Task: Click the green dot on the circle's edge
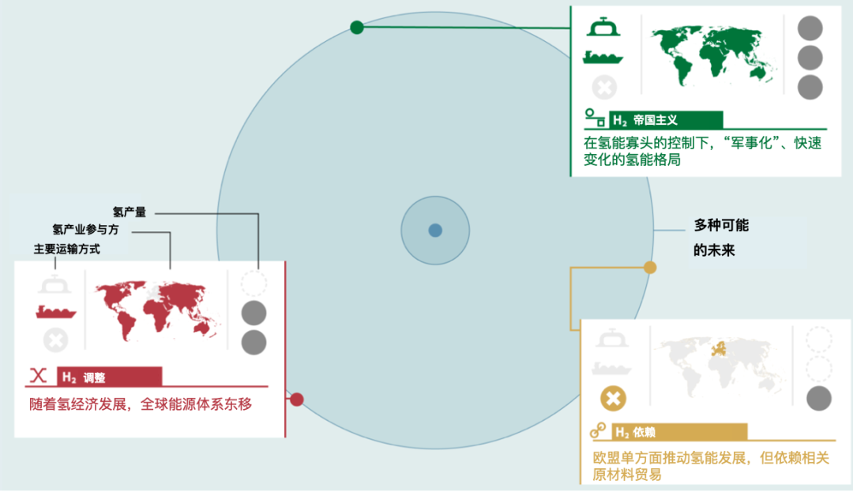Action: (357, 28)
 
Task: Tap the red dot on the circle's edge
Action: (297, 400)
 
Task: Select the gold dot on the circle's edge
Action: (650, 268)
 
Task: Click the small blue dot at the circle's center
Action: (435, 231)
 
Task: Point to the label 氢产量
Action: (129, 212)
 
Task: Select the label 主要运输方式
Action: (67, 249)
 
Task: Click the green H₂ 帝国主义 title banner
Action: (667, 120)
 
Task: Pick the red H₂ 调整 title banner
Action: (111, 377)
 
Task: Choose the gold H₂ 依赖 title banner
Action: (680, 432)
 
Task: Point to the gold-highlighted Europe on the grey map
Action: (720, 349)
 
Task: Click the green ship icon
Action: (604, 56)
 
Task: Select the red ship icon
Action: (55, 311)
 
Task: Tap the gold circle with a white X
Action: (612, 398)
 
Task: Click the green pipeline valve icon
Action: (604, 28)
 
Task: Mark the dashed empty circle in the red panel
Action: (254, 284)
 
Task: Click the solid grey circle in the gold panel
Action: (818, 398)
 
